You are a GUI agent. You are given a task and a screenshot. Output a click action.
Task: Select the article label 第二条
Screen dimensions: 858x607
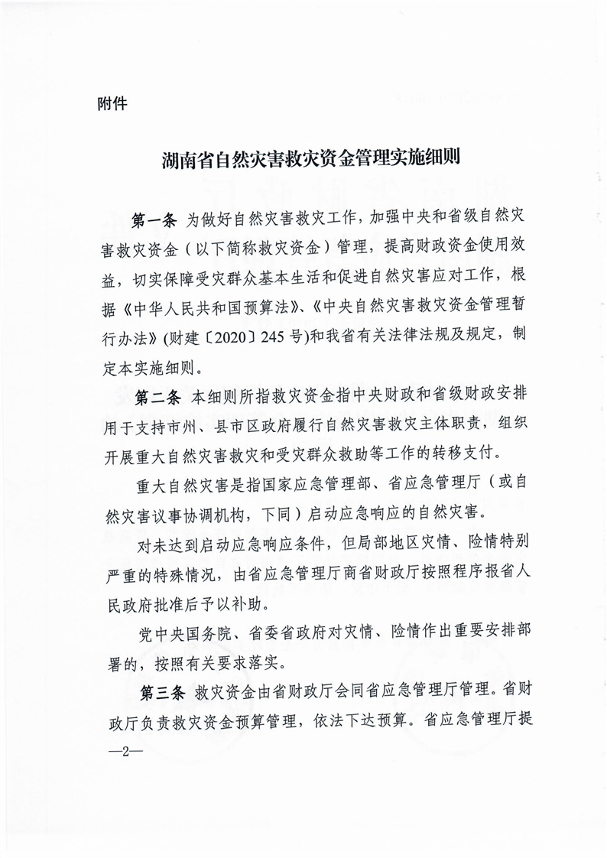(157, 398)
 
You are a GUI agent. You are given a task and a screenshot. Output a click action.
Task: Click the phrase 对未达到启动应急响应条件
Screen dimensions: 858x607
(229, 544)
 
